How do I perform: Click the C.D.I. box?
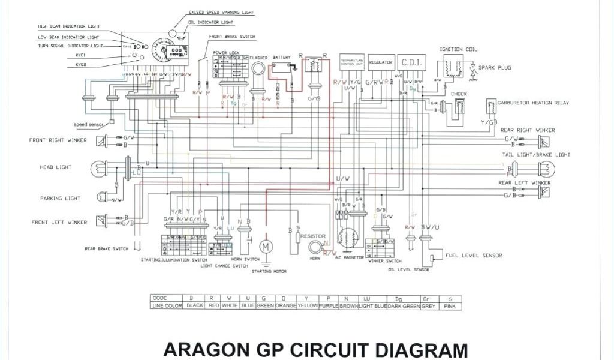tap(412, 62)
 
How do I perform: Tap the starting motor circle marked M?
tap(264, 246)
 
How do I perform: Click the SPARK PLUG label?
tap(495, 68)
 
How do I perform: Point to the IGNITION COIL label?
tap(458, 50)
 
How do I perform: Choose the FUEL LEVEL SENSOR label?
tap(473, 255)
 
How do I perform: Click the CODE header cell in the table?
tap(159, 298)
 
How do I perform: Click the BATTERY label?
tap(282, 57)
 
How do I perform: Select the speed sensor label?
tap(89, 125)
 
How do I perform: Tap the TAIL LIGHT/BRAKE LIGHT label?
tap(536, 155)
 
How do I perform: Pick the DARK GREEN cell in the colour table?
tap(399, 305)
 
